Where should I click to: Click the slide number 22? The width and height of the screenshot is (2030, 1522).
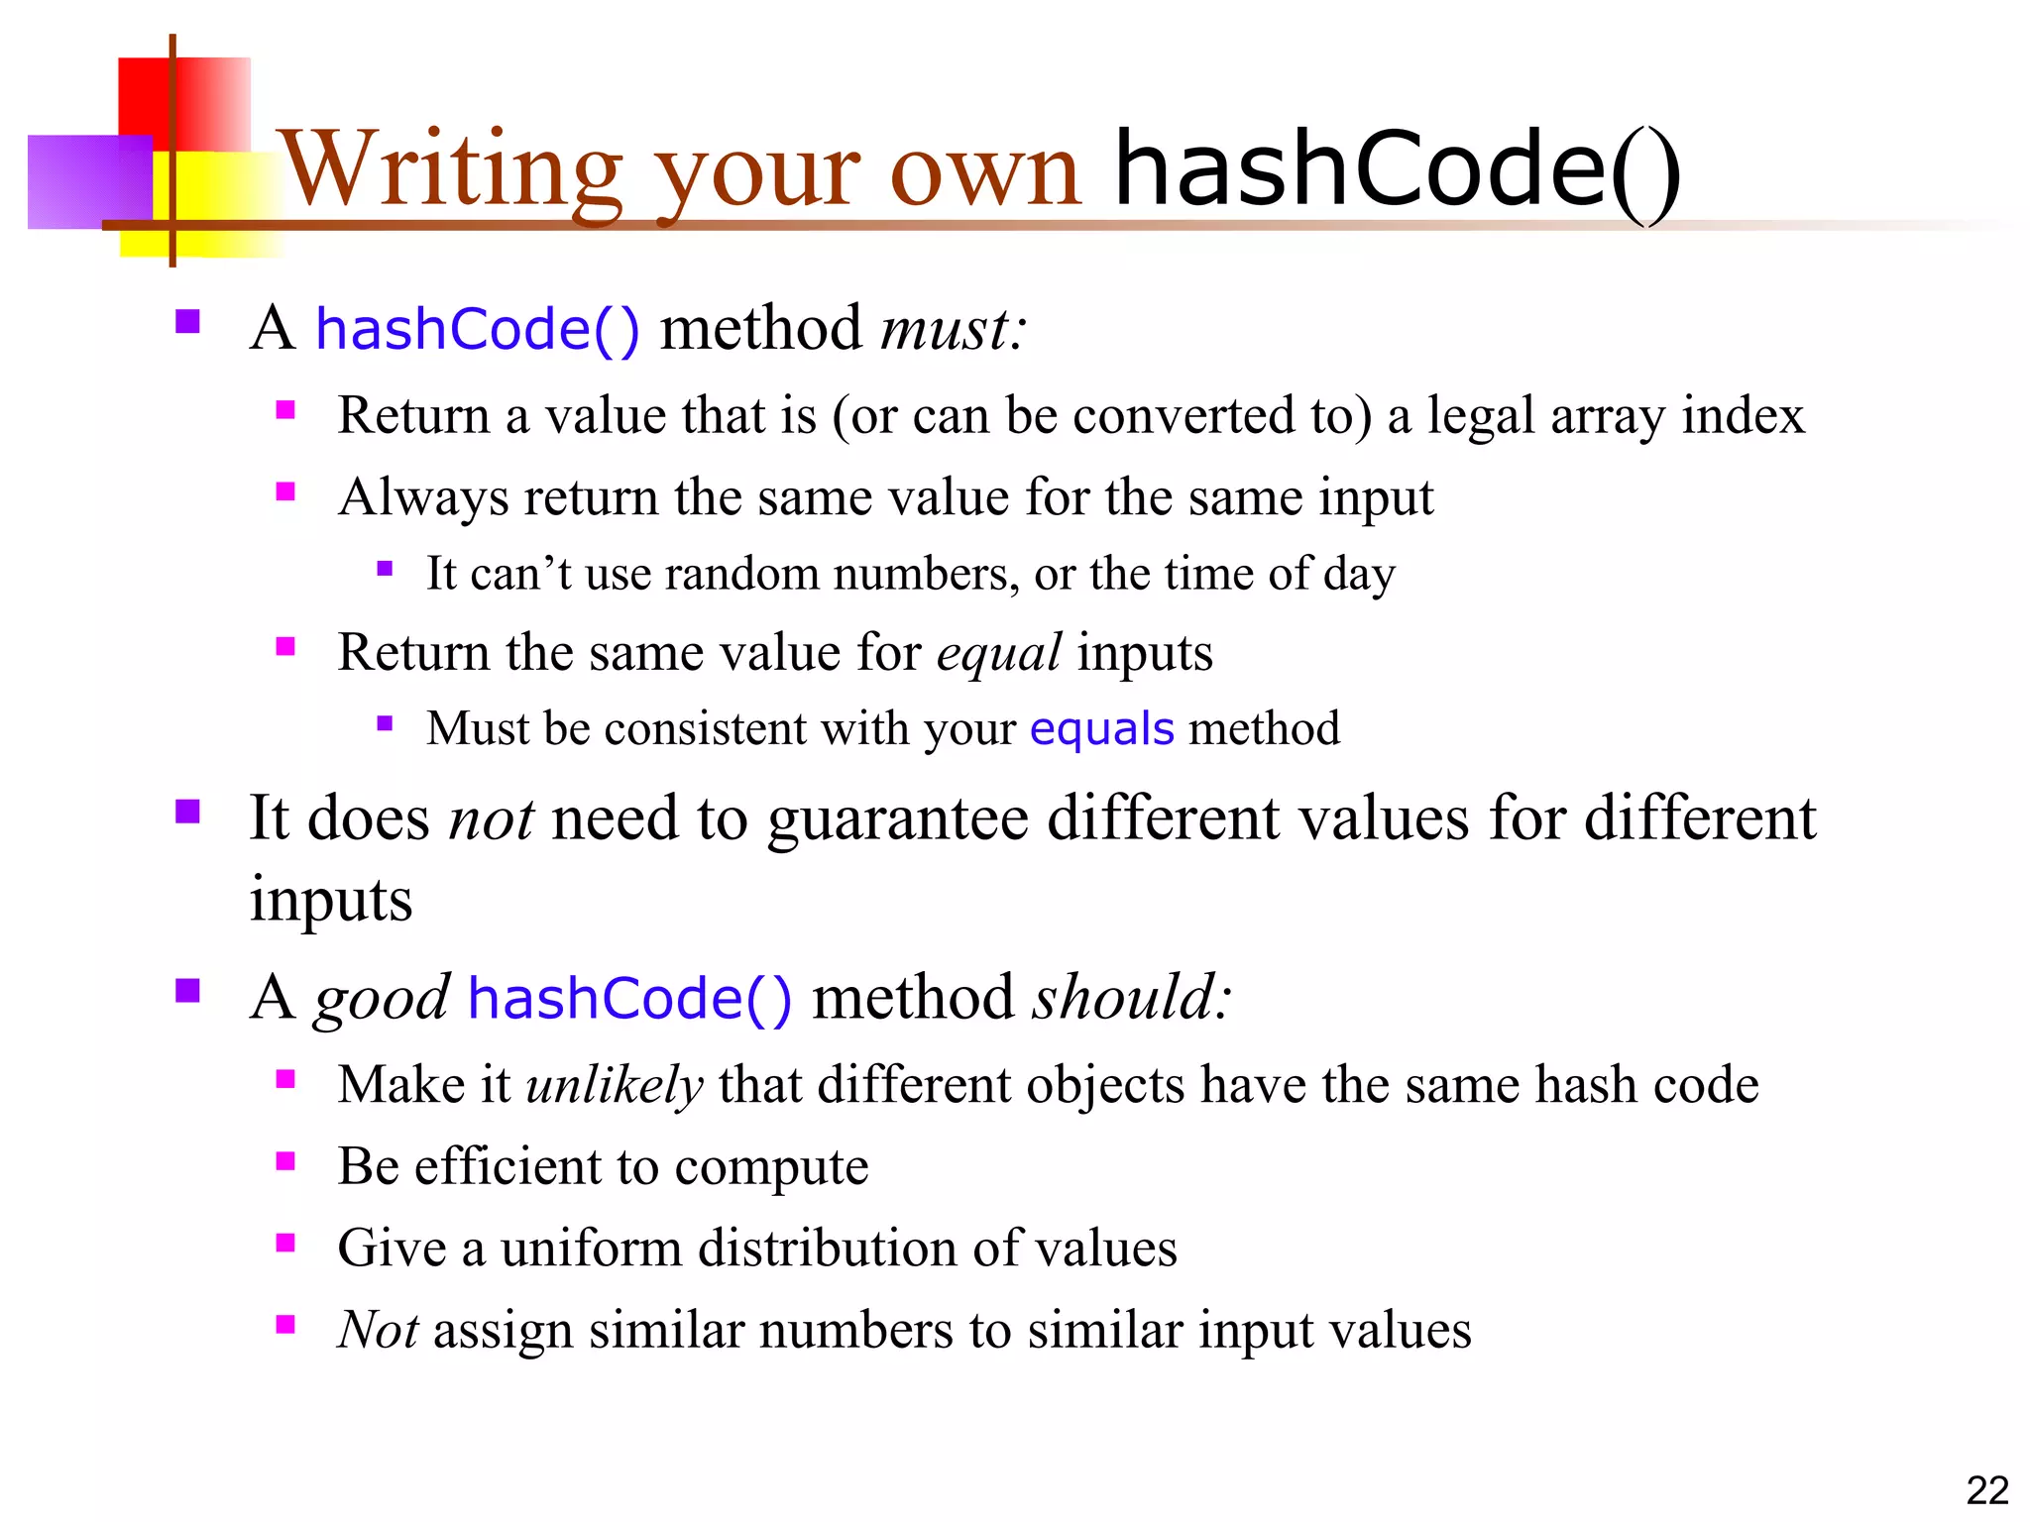tap(1986, 1490)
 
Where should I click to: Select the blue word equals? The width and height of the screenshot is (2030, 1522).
tap(1101, 729)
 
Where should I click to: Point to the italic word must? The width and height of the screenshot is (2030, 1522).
tap(952, 329)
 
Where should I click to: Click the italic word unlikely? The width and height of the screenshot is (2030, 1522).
tap(615, 1084)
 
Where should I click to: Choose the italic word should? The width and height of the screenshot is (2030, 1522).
tap(1130, 997)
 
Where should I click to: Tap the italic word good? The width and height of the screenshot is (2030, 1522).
tap(382, 999)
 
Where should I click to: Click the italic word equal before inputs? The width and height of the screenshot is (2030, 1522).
tap(998, 654)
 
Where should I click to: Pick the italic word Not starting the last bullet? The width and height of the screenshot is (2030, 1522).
tap(377, 1330)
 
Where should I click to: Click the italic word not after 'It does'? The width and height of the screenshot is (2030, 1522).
tap(491, 819)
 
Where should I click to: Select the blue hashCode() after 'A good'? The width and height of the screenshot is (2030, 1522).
tap(629, 997)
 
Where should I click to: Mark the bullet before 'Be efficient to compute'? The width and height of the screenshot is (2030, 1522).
tap(285, 1161)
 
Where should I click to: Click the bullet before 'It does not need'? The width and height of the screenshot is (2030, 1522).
tap(187, 813)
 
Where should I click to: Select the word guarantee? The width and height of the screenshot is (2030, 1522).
tap(897, 819)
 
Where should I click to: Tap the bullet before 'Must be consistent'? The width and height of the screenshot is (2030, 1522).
tap(385, 723)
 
